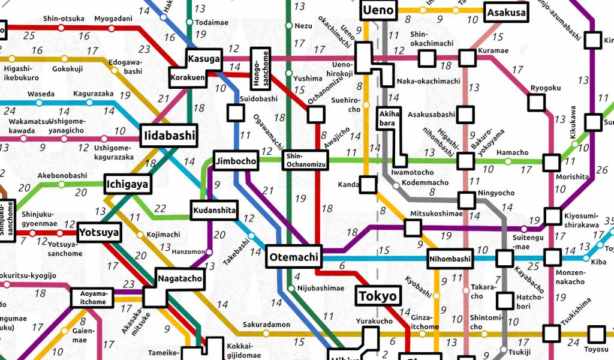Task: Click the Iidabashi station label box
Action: [169, 136]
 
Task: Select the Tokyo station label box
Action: [377, 296]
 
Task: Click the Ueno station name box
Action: [378, 10]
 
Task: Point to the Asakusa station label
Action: [507, 13]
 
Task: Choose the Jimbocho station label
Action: [236, 161]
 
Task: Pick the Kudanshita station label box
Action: [214, 211]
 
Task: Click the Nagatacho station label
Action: [180, 278]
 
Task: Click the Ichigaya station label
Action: [127, 185]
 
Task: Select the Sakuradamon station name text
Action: [266, 325]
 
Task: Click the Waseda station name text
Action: [41, 94]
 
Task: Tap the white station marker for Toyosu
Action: [596, 334]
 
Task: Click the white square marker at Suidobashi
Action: [236, 112]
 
